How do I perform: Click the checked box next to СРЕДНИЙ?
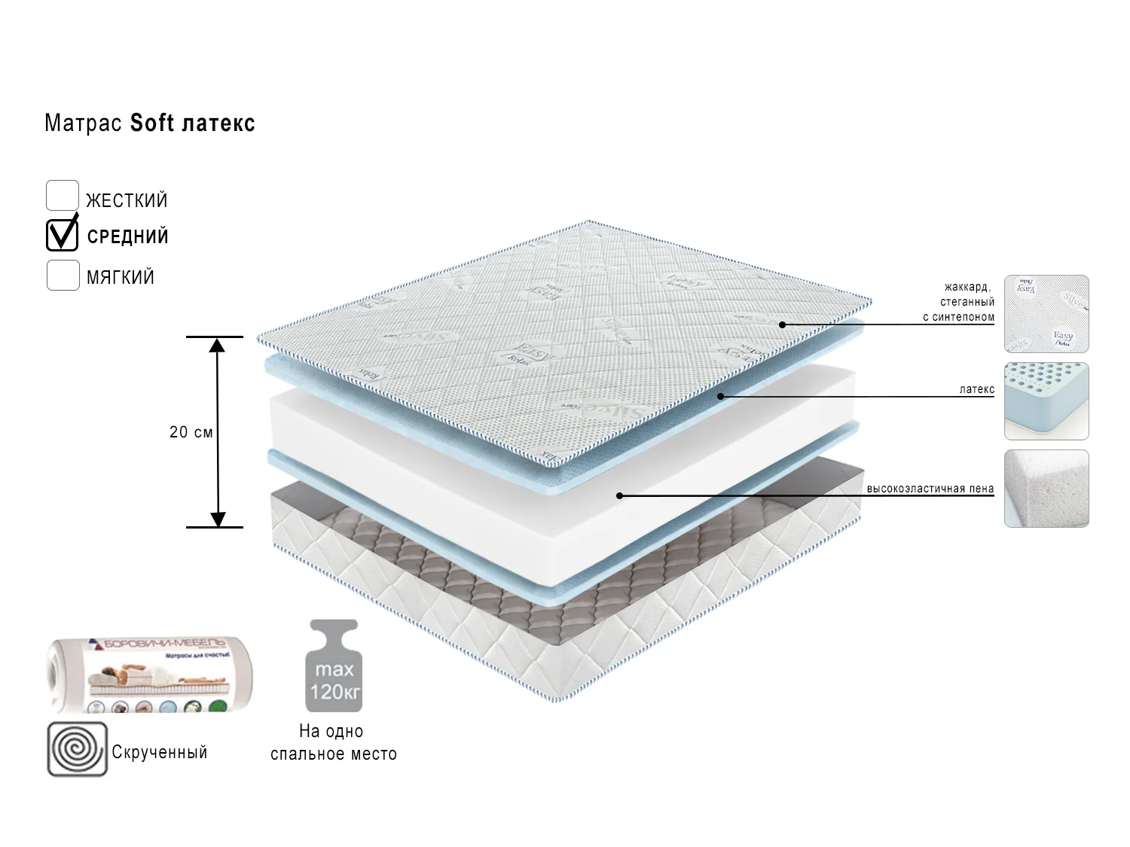[63, 235]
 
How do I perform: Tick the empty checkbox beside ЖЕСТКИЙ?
[63, 196]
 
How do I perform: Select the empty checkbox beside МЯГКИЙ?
[63, 276]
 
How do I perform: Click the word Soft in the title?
[152, 123]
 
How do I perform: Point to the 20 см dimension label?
[191, 432]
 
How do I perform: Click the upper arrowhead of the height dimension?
[217, 346]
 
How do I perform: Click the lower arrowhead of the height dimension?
[218, 519]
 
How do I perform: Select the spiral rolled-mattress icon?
[78, 750]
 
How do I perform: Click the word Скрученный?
[159, 752]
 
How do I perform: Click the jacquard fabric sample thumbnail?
[1046, 314]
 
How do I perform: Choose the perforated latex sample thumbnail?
[1046, 401]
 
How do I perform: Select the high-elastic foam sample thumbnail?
[1046, 489]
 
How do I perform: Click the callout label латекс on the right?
[976, 389]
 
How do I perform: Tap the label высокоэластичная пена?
[930, 489]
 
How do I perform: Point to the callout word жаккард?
[968, 287]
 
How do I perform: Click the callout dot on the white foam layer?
[619, 495]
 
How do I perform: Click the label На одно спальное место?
[334, 742]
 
